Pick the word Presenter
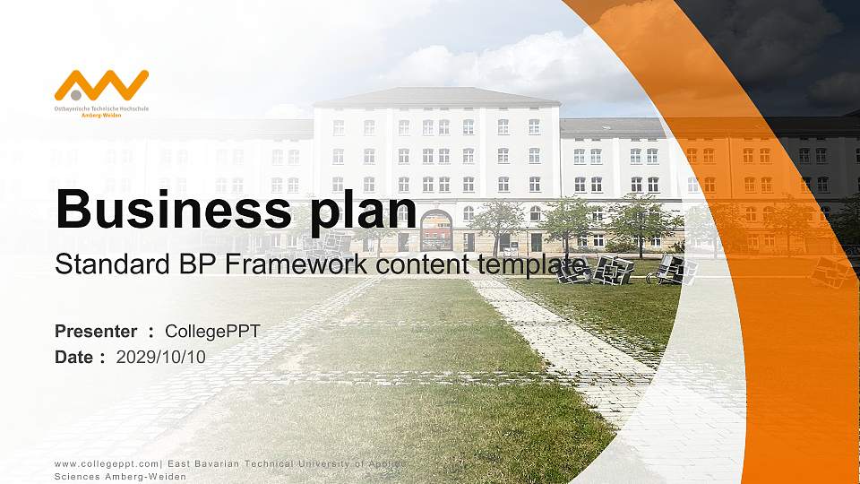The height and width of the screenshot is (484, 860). click(96, 332)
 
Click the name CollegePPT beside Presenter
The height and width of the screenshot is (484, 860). click(212, 332)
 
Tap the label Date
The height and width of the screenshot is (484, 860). click(73, 357)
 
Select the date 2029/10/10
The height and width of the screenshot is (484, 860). click(161, 357)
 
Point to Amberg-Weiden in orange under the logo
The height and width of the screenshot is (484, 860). click(101, 116)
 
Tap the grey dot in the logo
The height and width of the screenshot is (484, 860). click(77, 94)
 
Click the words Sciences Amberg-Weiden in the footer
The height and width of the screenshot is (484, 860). click(120, 476)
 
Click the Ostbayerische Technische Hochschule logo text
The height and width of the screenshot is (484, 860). click(101, 108)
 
